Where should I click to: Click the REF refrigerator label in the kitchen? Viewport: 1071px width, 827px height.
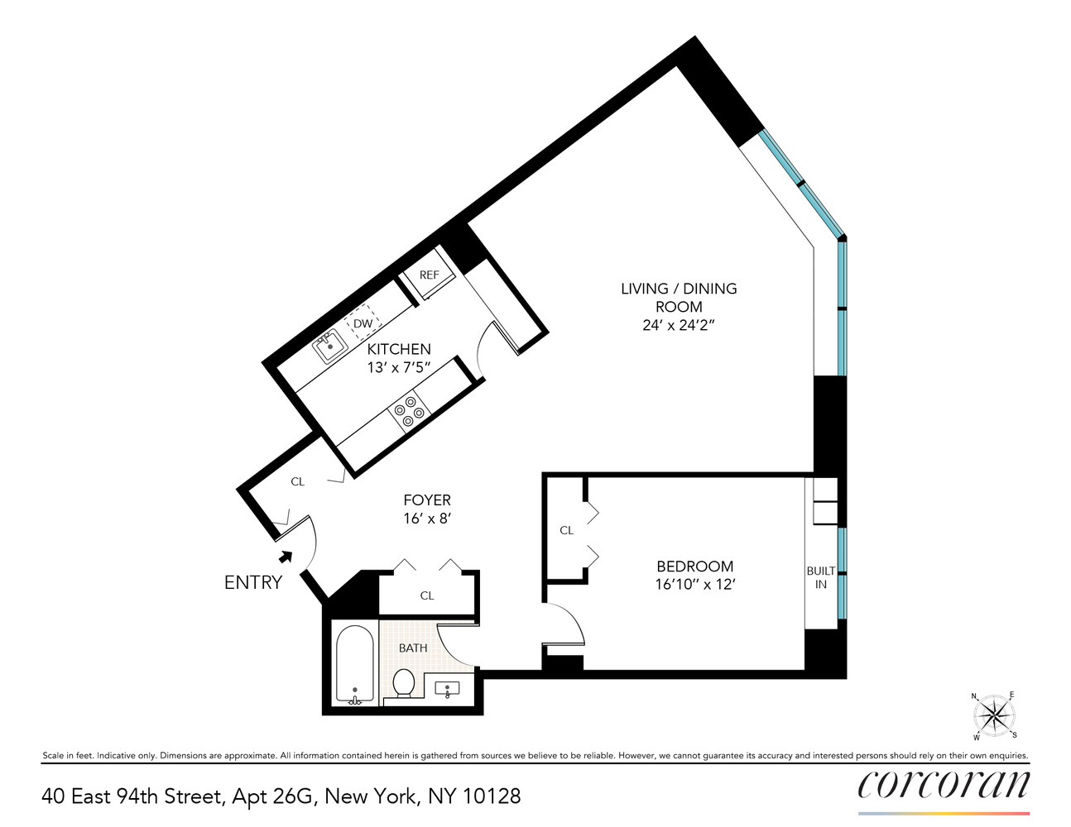pyautogui.click(x=429, y=275)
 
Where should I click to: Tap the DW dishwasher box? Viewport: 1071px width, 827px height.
pyautogui.click(x=363, y=323)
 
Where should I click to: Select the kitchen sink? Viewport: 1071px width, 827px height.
pyautogui.click(x=329, y=347)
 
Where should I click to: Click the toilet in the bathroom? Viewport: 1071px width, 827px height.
pyautogui.click(x=404, y=683)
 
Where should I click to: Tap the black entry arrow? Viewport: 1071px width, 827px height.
pyautogui.click(x=286, y=557)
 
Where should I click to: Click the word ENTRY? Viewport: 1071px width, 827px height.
pyautogui.click(x=253, y=582)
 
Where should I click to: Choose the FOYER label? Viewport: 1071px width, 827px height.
pyautogui.click(x=427, y=500)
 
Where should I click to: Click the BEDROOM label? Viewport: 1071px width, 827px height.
pyautogui.click(x=694, y=566)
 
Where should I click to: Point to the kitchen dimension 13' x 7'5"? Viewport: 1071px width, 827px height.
pyautogui.click(x=399, y=367)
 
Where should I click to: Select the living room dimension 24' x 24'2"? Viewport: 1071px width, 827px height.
pyautogui.click(x=678, y=325)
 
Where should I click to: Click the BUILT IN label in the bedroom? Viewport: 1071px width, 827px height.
pyautogui.click(x=821, y=577)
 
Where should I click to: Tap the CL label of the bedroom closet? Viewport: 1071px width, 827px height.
pyautogui.click(x=566, y=530)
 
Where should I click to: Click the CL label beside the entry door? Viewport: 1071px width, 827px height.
pyautogui.click(x=297, y=481)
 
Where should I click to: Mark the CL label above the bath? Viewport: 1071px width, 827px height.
pyautogui.click(x=427, y=595)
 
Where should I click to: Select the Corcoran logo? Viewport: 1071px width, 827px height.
pyautogui.click(x=944, y=784)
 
